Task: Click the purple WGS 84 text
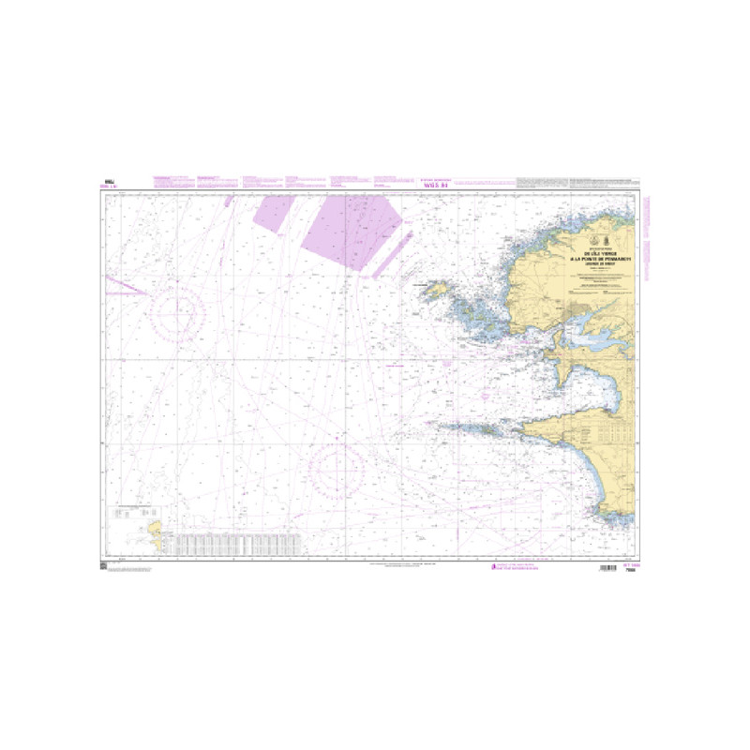click(x=435, y=186)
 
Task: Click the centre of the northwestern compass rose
click(x=179, y=312)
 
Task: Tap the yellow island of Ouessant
click(x=436, y=292)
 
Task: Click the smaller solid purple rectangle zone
click(x=274, y=212)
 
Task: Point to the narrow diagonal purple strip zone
click(x=392, y=258)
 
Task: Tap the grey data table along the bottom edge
click(x=239, y=543)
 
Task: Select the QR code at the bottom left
click(x=103, y=564)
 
